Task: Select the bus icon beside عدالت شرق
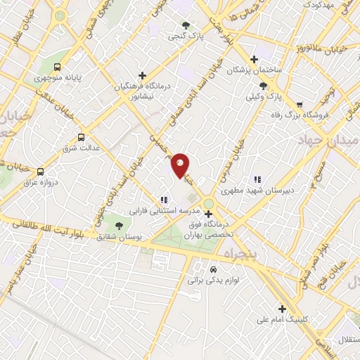pyautogui.click(x=81, y=138)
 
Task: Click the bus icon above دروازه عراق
pyautogui.click(x=40, y=172)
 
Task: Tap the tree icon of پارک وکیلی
pyautogui.click(x=263, y=86)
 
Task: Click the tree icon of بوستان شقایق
pyautogui.click(x=118, y=226)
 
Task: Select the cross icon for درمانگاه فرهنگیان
pyautogui.click(x=143, y=75)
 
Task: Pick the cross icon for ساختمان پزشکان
pyautogui.click(x=255, y=60)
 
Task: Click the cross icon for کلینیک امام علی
pyautogui.click(x=282, y=308)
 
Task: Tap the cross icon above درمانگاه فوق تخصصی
pyautogui.click(x=207, y=214)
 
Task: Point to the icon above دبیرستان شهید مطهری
pyautogui.click(x=257, y=179)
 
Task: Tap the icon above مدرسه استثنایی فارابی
pyautogui.click(x=164, y=199)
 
